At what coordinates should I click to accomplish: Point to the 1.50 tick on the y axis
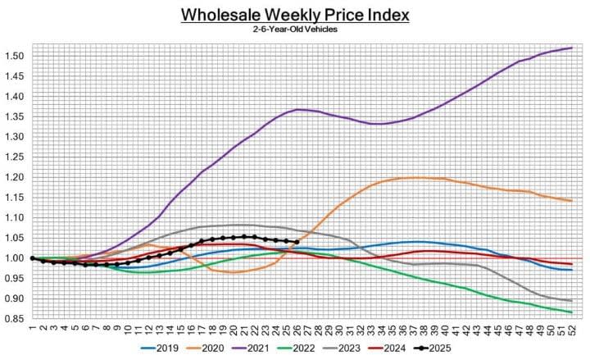pyautogui.click(x=14, y=56)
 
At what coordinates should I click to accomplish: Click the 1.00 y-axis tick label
pyautogui.click(x=14, y=258)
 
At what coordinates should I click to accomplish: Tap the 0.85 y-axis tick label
pyautogui.click(x=14, y=319)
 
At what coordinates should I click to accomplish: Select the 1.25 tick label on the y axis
pyautogui.click(x=14, y=157)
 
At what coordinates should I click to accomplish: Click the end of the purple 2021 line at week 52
pyautogui.click(x=571, y=48)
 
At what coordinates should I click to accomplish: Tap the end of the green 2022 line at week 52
pyautogui.click(x=571, y=312)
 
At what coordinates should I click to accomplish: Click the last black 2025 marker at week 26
pyautogui.click(x=296, y=242)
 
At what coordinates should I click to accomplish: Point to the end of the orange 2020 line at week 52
pyautogui.click(x=571, y=201)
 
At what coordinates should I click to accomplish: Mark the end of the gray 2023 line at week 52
pyautogui.click(x=571, y=301)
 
